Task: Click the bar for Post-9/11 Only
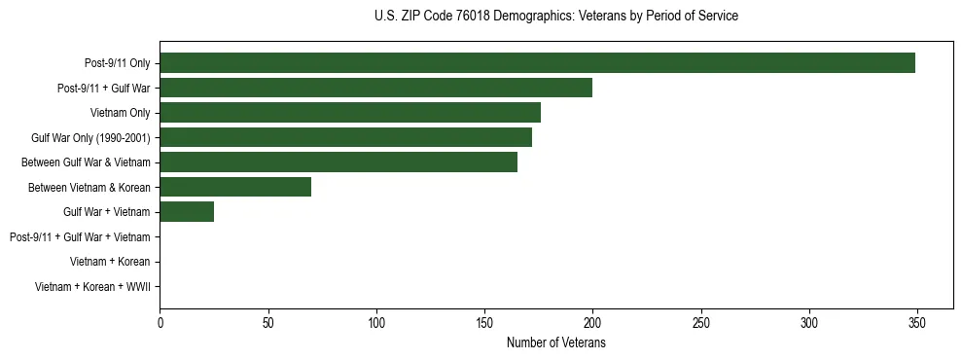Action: pyautogui.click(x=537, y=63)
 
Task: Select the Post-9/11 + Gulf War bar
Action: pyautogui.click(x=375, y=88)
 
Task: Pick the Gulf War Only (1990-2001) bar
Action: pyautogui.click(x=345, y=137)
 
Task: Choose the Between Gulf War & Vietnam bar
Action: pyautogui.click(x=338, y=162)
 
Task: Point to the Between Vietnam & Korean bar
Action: pyautogui.click(x=235, y=187)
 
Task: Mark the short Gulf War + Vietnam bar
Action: pyautogui.click(x=187, y=211)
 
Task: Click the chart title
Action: pyautogui.click(x=555, y=17)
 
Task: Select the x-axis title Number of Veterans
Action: pyautogui.click(x=555, y=343)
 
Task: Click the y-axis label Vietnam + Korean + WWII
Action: pyautogui.click(x=91, y=286)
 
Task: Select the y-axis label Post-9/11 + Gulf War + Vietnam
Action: pyautogui.click(x=79, y=236)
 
